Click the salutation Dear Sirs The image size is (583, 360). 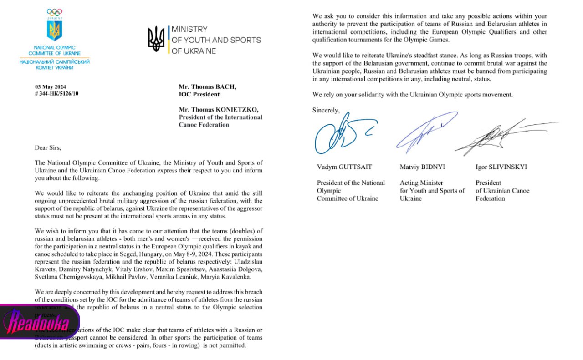coord(47,147)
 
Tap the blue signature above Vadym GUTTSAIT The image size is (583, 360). coord(337,137)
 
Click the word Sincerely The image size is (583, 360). coord(326,110)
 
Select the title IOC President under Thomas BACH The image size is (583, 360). coord(199,94)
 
